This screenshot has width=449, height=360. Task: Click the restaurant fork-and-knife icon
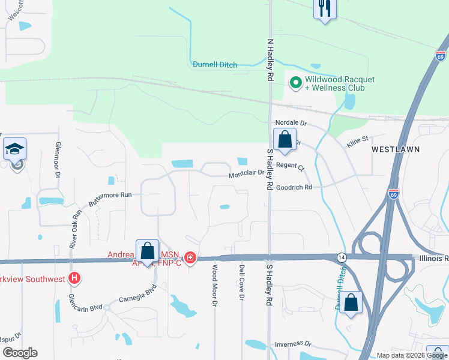click(x=325, y=8)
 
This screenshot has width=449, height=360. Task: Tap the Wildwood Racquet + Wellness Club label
click(x=340, y=83)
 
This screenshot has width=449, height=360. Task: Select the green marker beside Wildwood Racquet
click(x=295, y=83)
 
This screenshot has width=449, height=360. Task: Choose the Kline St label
click(x=357, y=143)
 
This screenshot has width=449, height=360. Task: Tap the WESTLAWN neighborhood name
click(x=395, y=148)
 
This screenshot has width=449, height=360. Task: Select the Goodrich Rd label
click(x=294, y=187)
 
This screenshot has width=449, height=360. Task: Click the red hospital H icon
click(x=74, y=278)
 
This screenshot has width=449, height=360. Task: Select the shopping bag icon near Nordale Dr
click(x=285, y=140)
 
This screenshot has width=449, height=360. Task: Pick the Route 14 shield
click(x=340, y=256)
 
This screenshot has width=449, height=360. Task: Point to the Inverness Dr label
click(x=293, y=344)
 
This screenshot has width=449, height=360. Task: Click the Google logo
click(x=20, y=353)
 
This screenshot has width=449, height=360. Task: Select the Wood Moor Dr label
click(x=214, y=286)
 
